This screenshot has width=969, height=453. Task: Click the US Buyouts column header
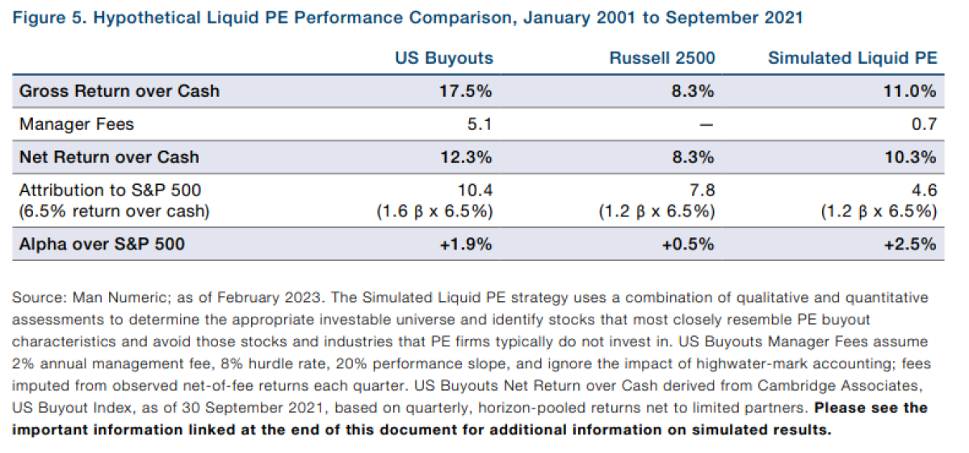click(x=443, y=58)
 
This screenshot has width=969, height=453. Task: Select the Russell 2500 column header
click(x=662, y=58)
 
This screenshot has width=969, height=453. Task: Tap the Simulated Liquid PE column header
click(x=852, y=58)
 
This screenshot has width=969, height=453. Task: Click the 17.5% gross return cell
click(x=467, y=91)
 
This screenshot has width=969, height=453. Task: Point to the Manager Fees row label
click(x=78, y=124)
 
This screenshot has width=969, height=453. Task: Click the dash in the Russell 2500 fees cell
click(x=704, y=124)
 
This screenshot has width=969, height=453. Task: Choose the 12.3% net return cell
click(x=467, y=157)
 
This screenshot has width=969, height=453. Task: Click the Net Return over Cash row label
click(x=109, y=157)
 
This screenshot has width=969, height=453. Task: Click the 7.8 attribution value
click(x=703, y=191)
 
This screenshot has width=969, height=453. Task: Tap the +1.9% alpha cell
click(x=464, y=244)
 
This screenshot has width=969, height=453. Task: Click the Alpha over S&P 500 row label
click(x=102, y=244)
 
